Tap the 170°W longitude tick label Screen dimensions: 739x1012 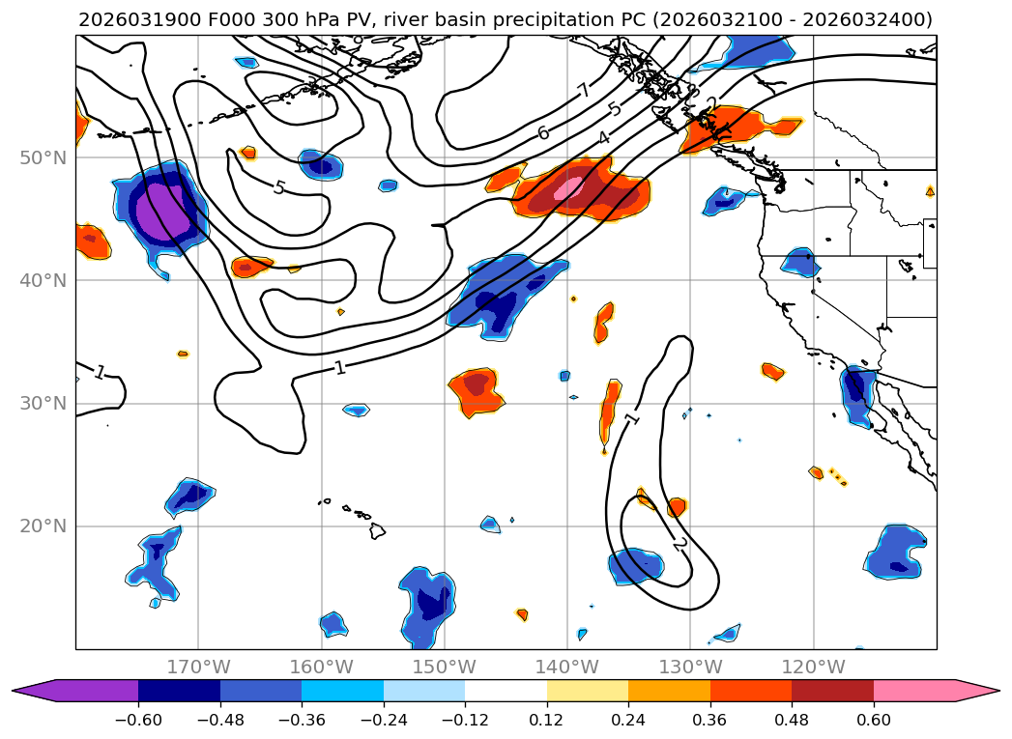pos(198,667)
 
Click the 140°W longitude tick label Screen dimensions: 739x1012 pos(567,667)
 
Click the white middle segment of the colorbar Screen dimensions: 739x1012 pos(506,691)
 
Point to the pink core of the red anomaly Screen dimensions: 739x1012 pos(570,186)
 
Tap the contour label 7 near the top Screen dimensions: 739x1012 pos(583,91)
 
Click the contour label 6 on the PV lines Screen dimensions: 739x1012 pos(543,133)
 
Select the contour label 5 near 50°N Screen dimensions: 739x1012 pos(278,187)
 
